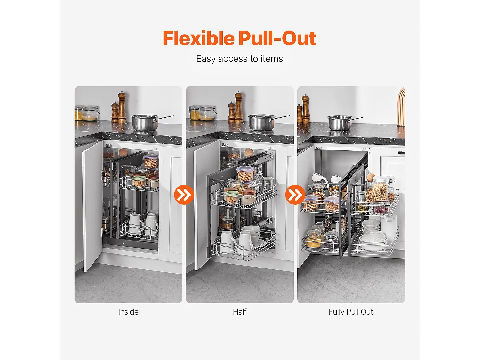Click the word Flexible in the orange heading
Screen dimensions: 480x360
(x=199, y=38)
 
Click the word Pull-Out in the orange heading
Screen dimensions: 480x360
(x=277, y=38)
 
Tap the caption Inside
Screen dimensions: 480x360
(x=128, y=312)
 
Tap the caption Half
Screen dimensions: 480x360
(x=240, y=312)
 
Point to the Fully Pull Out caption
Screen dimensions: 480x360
(x=351, y=312)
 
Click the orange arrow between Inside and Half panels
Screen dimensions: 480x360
(x=184, y=195)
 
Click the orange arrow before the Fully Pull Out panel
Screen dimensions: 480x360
(x=295, y=195)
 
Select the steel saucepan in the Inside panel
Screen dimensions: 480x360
(x=149, y=122)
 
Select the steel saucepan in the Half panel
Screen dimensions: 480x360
(x=265, y=122)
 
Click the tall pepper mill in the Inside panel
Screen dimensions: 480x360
(x=122, y=107)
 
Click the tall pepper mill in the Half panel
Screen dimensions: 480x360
(x=239, y=107)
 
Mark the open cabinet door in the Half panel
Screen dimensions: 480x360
(x=206, y=205)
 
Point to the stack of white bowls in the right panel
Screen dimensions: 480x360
(x=371, y=226)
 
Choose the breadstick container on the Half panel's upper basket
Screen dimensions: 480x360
(x=245, y=174)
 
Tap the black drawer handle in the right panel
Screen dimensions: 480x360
(x=402, y=153)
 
